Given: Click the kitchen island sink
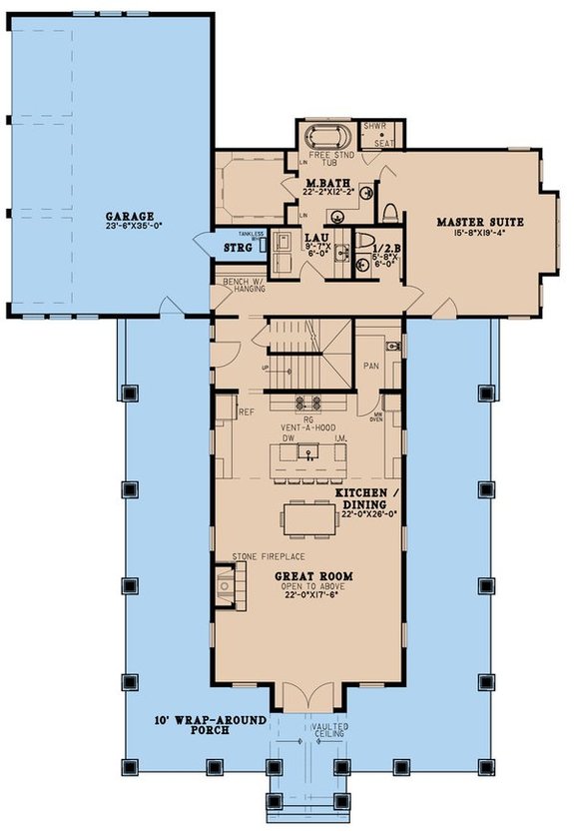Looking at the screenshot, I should (309, 452).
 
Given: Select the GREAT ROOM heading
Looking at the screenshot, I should (307, 577).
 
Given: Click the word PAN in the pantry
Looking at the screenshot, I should (368, 366).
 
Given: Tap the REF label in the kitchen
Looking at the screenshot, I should (245, 410).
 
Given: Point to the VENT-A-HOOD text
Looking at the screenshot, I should (309, 427).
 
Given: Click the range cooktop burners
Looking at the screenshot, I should (309, 404).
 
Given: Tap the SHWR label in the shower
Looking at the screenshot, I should (373, 127).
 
